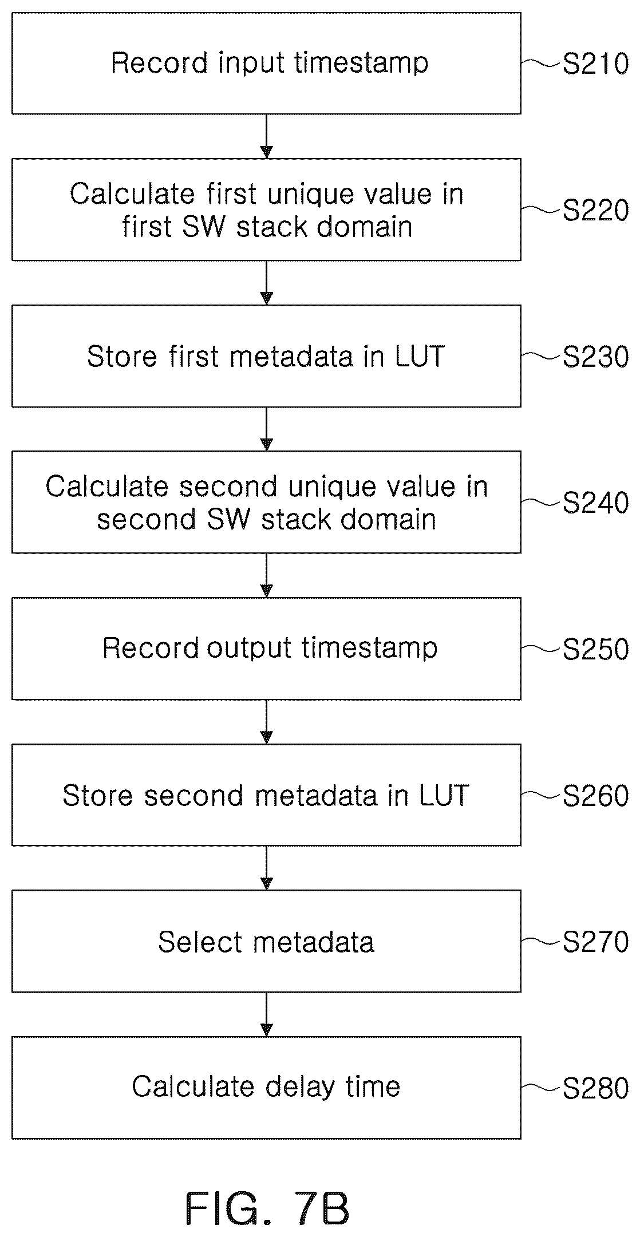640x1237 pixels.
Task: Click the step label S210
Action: pyautogui.click(x=595, y=65)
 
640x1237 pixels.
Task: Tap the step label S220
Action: pyautogui.click(x=595, y=211)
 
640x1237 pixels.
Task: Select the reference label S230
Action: pyautogui.click(x=595, y=358)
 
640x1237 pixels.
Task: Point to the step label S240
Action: pyautogui.click(x=595, y=504)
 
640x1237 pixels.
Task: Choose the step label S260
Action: pyautogui.click(x=595, y=796)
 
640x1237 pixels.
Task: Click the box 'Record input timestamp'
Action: pyautogui.click(x=266, y=64)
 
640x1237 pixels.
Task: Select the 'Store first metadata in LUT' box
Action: pyautogui.click(x=266, y=356)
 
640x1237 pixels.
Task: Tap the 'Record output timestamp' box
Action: pyautogui.click(x=266, y=649)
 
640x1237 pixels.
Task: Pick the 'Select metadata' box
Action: pyautogui.click(x=266, y=941)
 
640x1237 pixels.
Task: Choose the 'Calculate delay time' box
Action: pyautogui.click(x=266, y=1088)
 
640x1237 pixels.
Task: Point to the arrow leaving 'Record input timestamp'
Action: pyautogui.click(x=266, y=136)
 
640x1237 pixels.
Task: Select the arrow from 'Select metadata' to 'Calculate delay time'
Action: pyautogui.click(x=266, y=1014)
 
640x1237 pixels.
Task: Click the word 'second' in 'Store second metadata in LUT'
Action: pyautogui.click(x=194, y=796)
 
